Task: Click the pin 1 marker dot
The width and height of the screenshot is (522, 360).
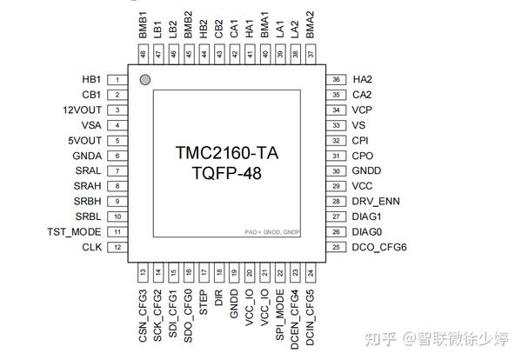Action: [146, 80]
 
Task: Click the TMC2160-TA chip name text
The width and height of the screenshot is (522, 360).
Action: [226, 153]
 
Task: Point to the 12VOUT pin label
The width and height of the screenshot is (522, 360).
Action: [83, 110]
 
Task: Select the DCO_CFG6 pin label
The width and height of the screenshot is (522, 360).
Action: [380, 248]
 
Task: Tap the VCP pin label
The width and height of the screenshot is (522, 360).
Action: [363, 110]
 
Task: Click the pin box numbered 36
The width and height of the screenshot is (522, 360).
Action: [336, 79]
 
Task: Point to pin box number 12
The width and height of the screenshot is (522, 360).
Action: [117, 248]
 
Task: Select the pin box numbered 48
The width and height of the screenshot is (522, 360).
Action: [143, 54]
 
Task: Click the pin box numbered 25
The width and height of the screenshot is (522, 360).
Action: [336, 248]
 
